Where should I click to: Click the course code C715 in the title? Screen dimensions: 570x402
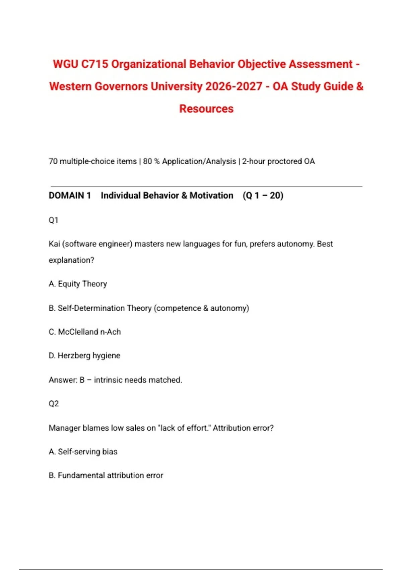(x=94, y=64)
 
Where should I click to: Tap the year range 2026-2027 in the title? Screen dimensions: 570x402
(x=234, y=87)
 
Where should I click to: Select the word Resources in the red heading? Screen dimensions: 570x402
(x=206, y=109)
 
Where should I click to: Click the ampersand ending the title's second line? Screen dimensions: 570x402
(x=359, y=87)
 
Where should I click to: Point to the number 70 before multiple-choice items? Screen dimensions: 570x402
(x=53, y=161)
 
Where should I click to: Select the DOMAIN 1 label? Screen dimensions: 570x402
(x=70, y=195)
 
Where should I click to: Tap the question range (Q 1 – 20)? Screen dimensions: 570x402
(x=263, y=195)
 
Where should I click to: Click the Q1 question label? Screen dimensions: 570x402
(x=54, y=220)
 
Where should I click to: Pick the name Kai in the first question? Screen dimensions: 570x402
(x=54, y=244)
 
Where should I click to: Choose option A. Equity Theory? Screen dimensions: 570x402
(x=78, y=284)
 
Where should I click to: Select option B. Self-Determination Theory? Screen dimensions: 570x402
(x=149, y=308)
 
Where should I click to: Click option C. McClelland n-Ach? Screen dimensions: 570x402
(x=85, y=332)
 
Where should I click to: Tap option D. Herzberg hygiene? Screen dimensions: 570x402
(x=84, y=356)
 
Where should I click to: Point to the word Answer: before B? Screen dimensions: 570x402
(x=63, y=380)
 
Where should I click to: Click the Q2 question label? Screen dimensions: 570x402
(x=54, y=404)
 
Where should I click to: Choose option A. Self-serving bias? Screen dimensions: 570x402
(x=83, y=452)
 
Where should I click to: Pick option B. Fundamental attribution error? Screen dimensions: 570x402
(x=106, y=475)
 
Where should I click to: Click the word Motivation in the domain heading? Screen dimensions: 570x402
(x=211, y=195)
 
